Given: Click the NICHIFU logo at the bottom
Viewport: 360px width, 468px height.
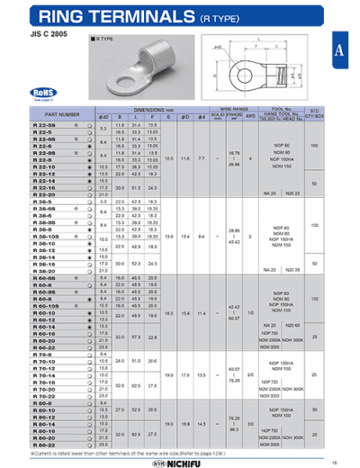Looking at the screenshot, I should click(181, 463).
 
